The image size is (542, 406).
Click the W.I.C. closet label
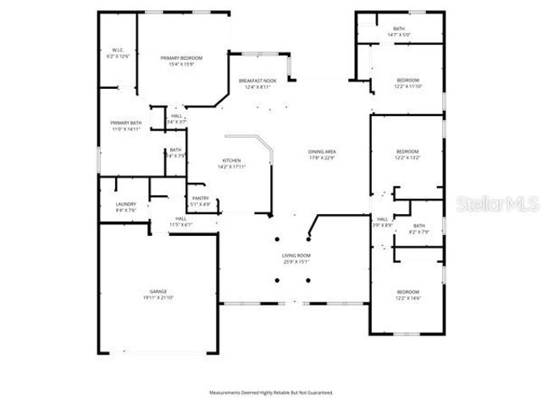tap(116, 53)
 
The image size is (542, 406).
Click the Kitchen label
tap(232, 162)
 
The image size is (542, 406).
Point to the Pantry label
tap(200, 200)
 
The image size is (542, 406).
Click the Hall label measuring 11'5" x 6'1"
tap(158, 222)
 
